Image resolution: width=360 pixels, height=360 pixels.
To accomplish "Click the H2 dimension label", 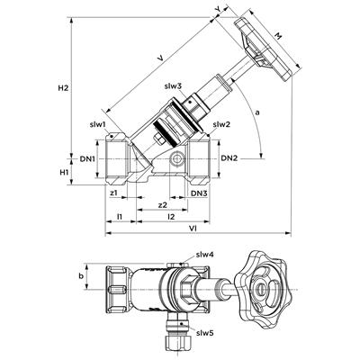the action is coord(63,88).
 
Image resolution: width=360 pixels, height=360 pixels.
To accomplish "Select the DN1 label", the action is coord(87,158).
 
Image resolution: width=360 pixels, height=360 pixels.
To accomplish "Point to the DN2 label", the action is coord(229,158).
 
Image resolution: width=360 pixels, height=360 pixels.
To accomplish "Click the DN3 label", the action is coord(199,193).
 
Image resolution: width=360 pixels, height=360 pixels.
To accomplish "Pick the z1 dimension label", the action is coord(113,193).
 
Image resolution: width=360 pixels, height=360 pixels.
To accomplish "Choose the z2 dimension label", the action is coord(162,205).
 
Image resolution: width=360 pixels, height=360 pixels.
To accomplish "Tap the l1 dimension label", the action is coord(120,216).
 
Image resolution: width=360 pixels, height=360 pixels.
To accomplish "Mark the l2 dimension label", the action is coord(171,216).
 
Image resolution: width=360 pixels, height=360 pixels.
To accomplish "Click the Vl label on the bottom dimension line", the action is coord(193,229).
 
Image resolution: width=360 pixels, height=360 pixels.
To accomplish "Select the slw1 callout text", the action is coord(97,124).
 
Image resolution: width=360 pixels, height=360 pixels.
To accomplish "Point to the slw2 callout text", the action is coord(221,124).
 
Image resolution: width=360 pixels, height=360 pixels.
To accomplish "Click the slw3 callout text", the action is coord(173,86).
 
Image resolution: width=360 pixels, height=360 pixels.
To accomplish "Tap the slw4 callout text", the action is coord(205,255).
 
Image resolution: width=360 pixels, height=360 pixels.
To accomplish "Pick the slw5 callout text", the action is coord(205,333).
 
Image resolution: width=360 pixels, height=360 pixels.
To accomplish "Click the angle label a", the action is coord(256,112).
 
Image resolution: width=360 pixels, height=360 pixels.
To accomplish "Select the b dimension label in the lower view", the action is coord(81,276).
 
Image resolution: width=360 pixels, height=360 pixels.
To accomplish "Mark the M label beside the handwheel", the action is coord(278,36).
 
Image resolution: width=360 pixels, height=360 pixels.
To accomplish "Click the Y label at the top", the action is coord(218,9).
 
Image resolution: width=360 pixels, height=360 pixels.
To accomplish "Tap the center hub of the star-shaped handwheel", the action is coord(260,289).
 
